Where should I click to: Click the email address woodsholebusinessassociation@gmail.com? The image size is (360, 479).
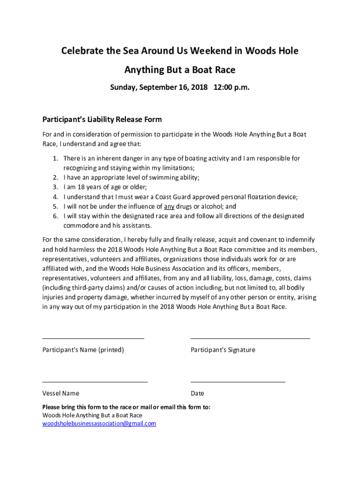pos(99,424)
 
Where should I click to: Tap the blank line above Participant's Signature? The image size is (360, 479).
pos(250,337)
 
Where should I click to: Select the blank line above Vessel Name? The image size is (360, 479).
pos(95,382)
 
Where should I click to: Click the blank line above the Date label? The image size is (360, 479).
pos(238,382)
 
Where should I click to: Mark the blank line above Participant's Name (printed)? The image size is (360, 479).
pos(93,337)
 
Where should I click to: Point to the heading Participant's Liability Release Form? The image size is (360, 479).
pos(102,120)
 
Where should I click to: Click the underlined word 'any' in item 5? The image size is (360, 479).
pos(169,207)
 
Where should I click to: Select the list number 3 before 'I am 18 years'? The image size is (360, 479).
pos(55,187)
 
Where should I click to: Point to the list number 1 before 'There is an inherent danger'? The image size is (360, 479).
pos(55,159)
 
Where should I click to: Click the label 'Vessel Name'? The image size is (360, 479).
pos(61,393)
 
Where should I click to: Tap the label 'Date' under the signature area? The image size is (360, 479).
pos(197,393)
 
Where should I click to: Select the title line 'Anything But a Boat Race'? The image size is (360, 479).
pos(180,70)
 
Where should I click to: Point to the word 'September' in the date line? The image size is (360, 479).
pos(156,87)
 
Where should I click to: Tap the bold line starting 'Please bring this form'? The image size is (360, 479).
pos(126,407)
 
